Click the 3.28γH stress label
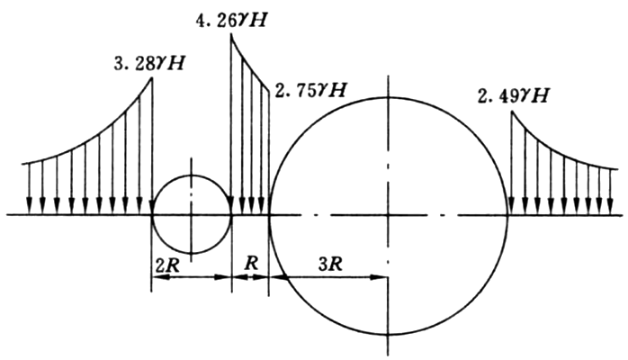pyautogui.click(x=149, y=64)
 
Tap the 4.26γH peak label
pyautogui.click(x=230, y=20)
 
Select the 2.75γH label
pyautogui.click(x=310, y=90)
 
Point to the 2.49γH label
pyautogui.click(x=514, y=96)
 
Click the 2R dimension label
pyautogui.click(x=167, y=266)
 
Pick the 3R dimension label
pyautogui.click(x=330, y=265)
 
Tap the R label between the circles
pyautogui.click(x=251, y=264)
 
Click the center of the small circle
pyautogui.click(x=192, y=215)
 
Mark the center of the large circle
pyautogui.click(x=388, y=215)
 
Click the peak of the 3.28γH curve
pyautogui.click(x=152, y=76)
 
